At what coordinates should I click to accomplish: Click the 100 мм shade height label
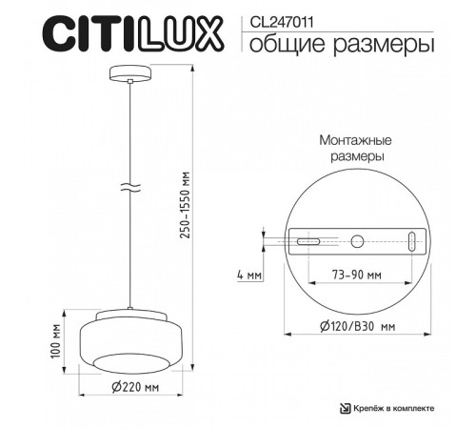pyautogui.click(x=55, y=338)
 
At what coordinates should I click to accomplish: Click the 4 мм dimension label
pyautogui.click(x=249, y=275)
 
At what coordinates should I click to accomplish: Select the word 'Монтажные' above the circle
pyautogui.click(x=352, y=139)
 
